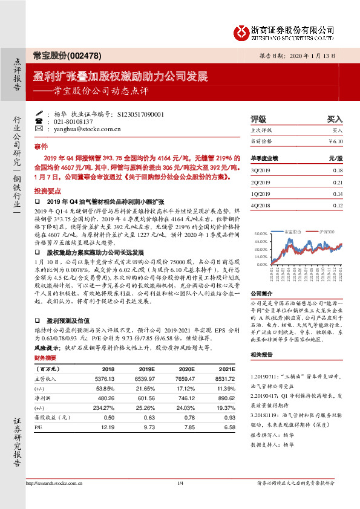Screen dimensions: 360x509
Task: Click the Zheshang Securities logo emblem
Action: pyautogui.click(x=244, y=30)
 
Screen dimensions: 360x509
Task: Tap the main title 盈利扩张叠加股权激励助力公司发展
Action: pyautogui.click(x=120, y=77)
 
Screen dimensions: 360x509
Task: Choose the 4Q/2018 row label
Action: pyautogui.click(x=261, y=206)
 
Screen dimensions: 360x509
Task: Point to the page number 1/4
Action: pyautogui.click(x=180, y=499)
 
